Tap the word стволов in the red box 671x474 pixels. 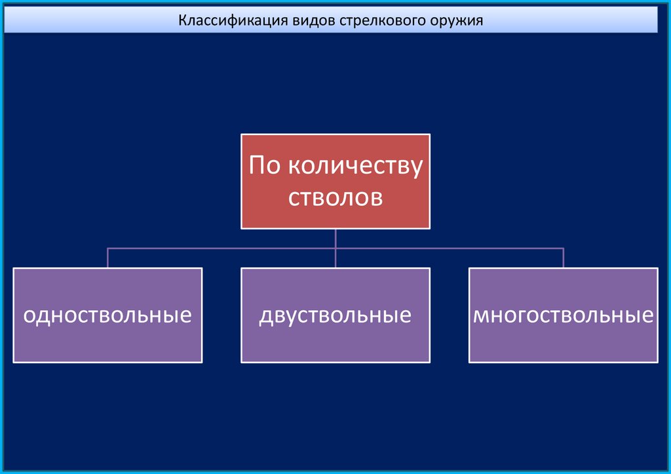pyautogui.click(x=335, y=197)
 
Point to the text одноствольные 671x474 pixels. pyautogui.click(x=107, y=315)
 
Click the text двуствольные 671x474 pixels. pyautogui.click(x=335, y=315)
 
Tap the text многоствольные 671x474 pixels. pyautogui.click(x=564, y=315)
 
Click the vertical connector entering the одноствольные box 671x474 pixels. pyautogui.click(x=107, y=258)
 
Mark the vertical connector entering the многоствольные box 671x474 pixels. pyautogui.click(x=564, y=258)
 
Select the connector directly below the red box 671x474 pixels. pyautogui.click(x=335, y=238)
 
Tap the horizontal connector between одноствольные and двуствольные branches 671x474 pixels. pyautogui.click(x=221, y=248)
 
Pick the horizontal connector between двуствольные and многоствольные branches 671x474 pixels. pyautogui.click(x=450, y=248)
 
